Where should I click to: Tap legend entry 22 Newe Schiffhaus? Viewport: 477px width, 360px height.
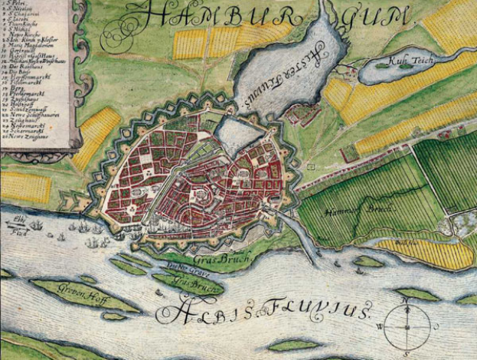tap(31, 116)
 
